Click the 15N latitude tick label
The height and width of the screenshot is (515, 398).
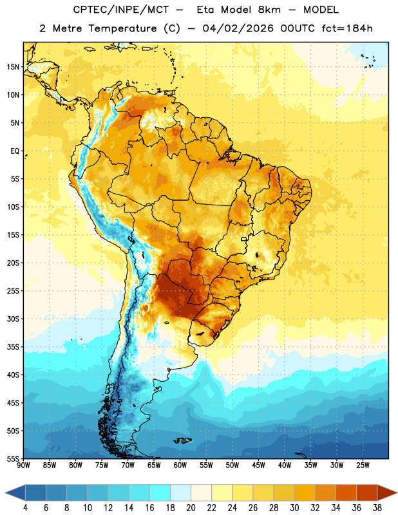[13, 67]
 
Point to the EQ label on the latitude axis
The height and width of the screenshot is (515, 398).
[15, 151]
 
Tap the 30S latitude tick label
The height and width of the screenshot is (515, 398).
[13, 319]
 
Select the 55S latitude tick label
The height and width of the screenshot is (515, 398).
[13, 458]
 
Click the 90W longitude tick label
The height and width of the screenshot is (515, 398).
[23, 465]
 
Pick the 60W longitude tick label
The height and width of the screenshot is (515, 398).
[180, 465]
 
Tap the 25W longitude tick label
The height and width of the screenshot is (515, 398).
[363, 465]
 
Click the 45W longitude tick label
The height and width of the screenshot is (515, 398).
[258, 465]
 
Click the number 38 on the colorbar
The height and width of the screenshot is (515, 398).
[377, 508]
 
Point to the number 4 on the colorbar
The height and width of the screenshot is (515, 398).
[25, 508]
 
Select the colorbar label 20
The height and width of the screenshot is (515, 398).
[191, 508]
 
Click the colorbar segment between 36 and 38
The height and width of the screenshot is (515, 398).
[367, 493]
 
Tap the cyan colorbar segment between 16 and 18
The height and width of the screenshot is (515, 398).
[160, 493]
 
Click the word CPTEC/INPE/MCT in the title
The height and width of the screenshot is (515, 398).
[120, 10]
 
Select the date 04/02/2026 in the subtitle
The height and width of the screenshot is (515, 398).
[238, 28]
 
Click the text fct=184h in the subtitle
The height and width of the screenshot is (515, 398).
[347, 28]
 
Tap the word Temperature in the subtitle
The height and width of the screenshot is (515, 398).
[122, 29]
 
